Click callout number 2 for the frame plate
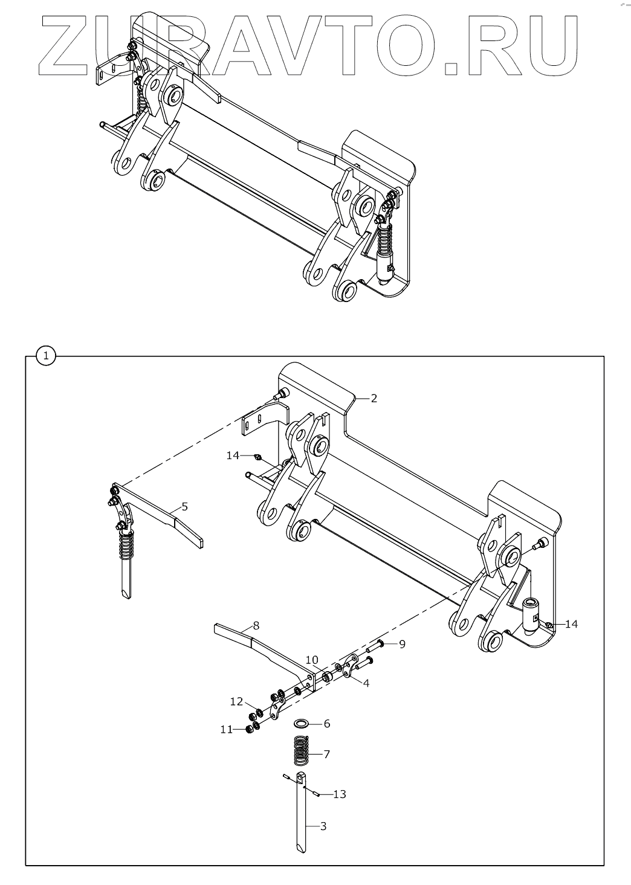[374, 398]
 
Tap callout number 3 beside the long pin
[323, 826]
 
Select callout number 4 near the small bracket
[366, 683]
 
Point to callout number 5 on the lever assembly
[184, 506]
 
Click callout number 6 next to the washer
[326, 723]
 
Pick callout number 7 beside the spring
[326, 754]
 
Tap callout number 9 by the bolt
[402, 644]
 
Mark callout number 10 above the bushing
[311, 660]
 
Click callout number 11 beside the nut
[226, 730]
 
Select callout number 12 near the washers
[236, 701]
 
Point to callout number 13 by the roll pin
[340, 794]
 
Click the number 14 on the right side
[571, 624]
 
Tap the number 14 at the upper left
[233, 455]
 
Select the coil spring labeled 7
[300, 754]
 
